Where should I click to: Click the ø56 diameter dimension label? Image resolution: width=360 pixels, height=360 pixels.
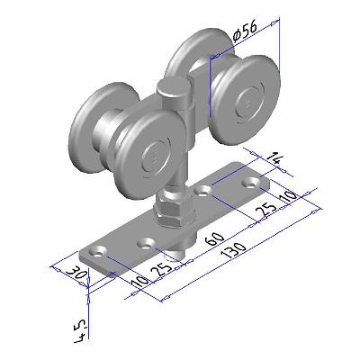[x=246, y=31]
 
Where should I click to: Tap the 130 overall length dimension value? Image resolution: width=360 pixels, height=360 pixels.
[x=233, y=250]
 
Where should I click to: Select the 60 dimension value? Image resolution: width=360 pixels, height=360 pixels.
[x=216, y=238]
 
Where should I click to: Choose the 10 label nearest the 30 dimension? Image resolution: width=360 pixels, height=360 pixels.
[x=140, y=282]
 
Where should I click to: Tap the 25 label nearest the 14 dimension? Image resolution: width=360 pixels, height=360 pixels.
[x=268, y=210]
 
